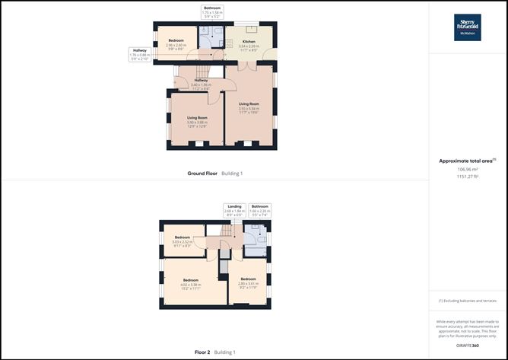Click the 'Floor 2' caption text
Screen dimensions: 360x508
pos(202,352)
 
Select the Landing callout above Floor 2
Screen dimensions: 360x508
pos(234,209)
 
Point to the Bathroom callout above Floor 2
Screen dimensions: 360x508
pos(260,209)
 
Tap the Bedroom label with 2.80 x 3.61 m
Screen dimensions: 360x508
pos(249,282)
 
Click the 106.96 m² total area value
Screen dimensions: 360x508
pos(467,169)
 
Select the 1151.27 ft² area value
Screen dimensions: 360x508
pos(467,176)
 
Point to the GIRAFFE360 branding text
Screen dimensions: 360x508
pos(467,346)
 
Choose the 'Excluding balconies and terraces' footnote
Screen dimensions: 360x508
pos(467,301)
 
